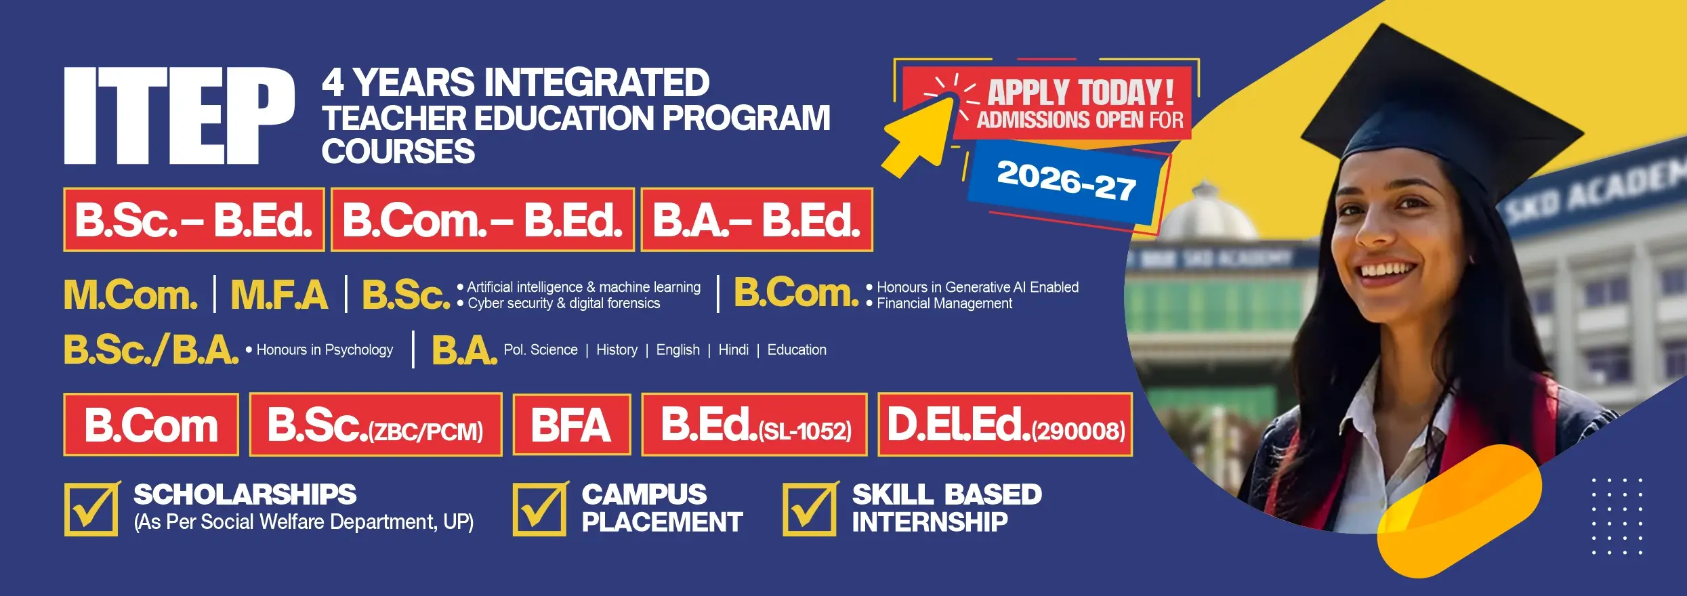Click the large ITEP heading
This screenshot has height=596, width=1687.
pos(179,115)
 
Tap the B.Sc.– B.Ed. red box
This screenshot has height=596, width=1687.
pos(194,220)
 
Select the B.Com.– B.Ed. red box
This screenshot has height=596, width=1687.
pos(482,220)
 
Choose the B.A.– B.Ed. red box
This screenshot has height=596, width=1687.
pos(757,220)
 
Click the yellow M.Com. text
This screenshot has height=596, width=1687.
pos(131,295)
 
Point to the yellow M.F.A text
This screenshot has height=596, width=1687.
pos(279,295)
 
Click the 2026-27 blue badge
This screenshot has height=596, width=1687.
pos(1066,182)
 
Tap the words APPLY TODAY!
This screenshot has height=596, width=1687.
pos(1080,91)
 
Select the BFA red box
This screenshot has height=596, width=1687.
pos(572,425)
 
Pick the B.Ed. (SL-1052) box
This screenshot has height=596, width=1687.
pos(754,425)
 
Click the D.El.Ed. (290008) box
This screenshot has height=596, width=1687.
pos(1005,425)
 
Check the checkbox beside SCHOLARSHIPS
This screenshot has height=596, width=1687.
pos(91,509)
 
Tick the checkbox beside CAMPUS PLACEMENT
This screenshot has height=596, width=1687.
pos(539,509)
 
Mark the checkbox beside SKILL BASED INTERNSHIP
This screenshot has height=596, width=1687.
pos(810,509)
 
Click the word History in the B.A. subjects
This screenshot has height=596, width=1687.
pos(617,350)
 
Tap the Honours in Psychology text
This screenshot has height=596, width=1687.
pos(324,350)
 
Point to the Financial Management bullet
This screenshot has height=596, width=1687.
pos(944,304)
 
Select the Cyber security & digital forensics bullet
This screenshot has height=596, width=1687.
pos(563,304)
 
